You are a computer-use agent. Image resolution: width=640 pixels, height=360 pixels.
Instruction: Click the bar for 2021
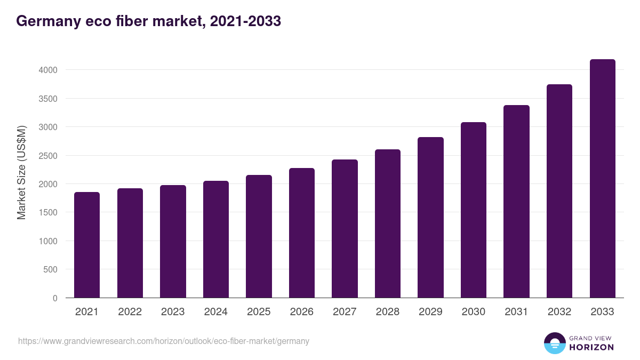(x=87, y=245)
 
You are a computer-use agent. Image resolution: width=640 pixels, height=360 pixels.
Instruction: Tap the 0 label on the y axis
(x=54, y=298)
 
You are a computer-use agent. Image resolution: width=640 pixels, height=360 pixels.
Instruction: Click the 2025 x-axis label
(x=259, y=312)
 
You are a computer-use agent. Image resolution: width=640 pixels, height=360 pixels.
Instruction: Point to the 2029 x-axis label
(x=430, y=312)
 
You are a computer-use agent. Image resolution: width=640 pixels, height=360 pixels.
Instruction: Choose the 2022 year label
(x=130, y=312)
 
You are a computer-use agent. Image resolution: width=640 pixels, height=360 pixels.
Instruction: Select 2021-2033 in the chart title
(x=245, y=21)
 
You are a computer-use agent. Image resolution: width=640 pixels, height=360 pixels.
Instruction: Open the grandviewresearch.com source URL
(x=164, y=341)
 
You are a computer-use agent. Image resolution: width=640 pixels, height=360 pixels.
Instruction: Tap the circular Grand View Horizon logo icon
(x=554, y=343)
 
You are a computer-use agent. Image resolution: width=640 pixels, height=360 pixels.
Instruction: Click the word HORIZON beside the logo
(x=591, y=347)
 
